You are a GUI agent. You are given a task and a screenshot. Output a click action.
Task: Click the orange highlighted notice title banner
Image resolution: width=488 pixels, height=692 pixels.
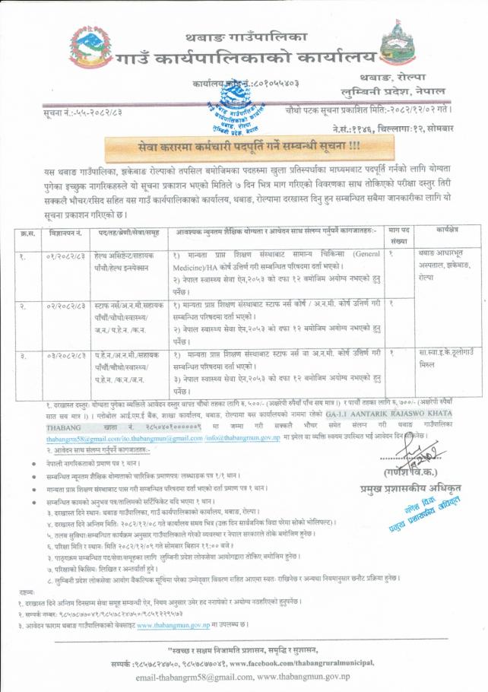point(245,144)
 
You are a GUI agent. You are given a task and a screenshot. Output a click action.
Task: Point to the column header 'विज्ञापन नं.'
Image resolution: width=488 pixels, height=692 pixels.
point(64,230)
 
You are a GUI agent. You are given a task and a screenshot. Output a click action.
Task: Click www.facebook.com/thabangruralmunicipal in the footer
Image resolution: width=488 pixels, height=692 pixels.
point(334,662)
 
